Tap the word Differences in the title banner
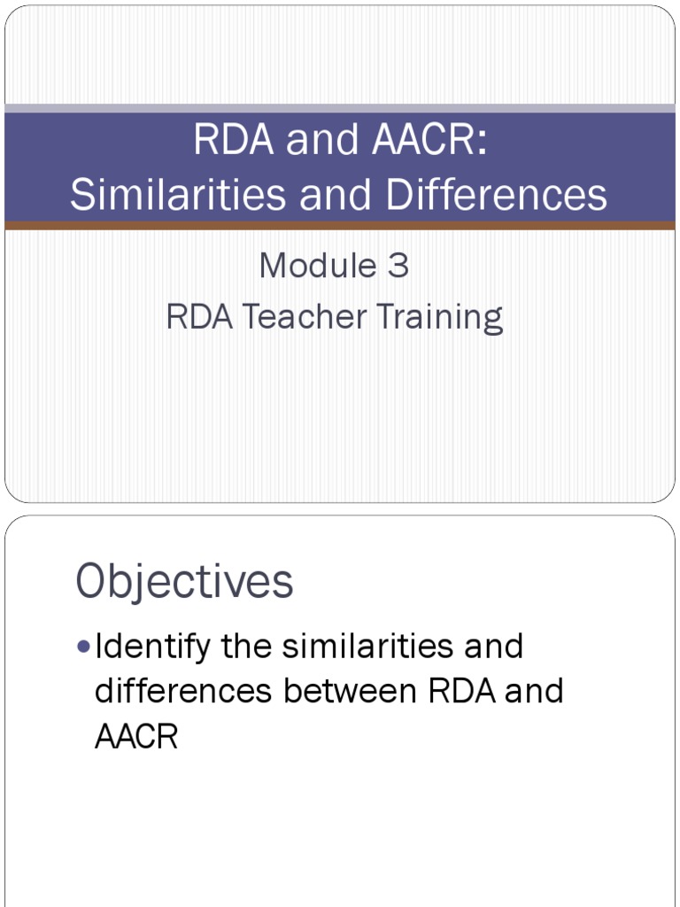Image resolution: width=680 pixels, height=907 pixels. click(497, 195)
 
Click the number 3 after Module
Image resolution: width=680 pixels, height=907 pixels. click(398, 266)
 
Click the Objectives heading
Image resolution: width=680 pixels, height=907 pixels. click(184, 582)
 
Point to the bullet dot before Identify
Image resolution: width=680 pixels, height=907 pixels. click(83, 647)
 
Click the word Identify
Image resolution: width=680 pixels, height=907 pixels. click(152, 647)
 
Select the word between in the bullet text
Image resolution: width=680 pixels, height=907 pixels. click(352, 691)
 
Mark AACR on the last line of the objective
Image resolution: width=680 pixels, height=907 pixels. click(136, 736)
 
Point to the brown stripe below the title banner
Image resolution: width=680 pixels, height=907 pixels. click(340, 226)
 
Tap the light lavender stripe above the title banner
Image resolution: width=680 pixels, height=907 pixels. click(340, 108)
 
